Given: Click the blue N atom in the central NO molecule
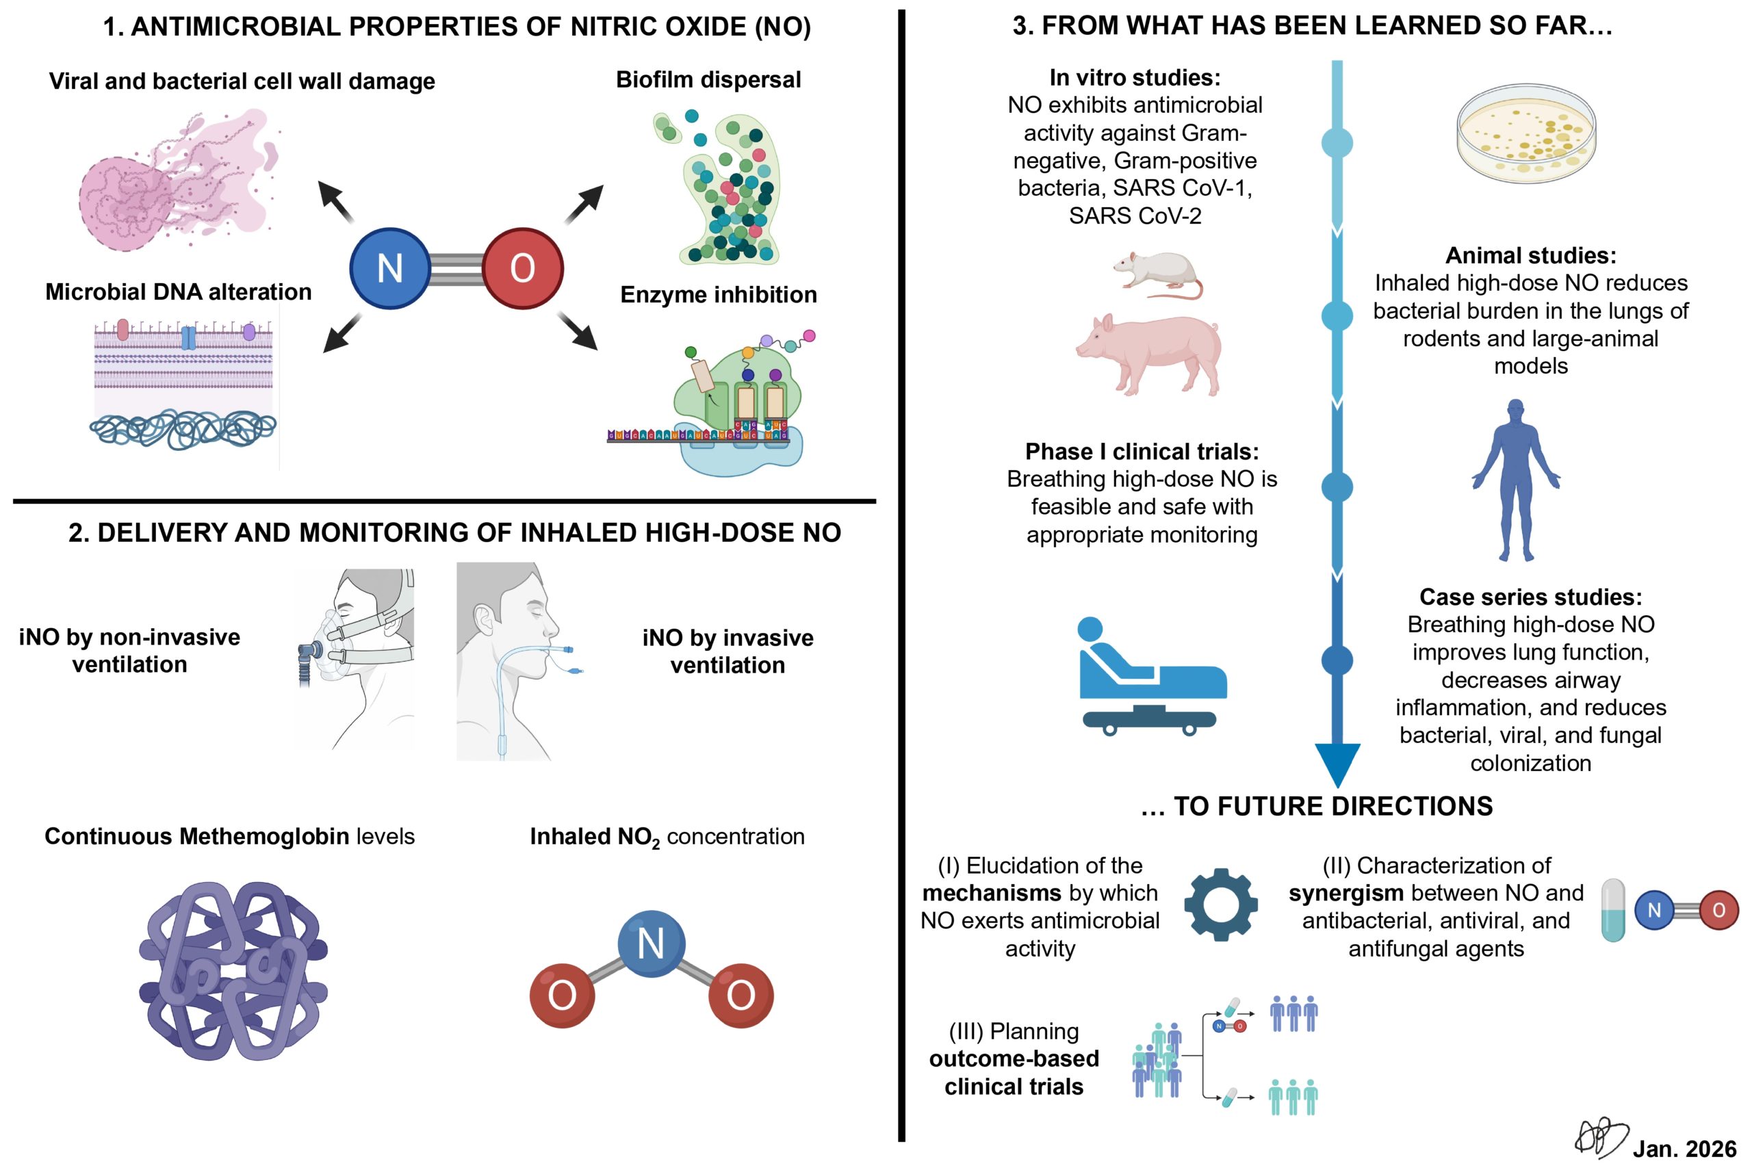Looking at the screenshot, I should click(x=389, y=268).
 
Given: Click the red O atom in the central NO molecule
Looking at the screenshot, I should click(x=522, y=268).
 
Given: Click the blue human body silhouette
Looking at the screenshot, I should click(x=1515, y=480).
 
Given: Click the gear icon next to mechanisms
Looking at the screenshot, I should click(x=1220, y=905).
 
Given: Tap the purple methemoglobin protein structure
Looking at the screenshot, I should click(x=233, y=971).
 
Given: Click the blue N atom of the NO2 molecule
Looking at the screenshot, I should click(x=651, y=943).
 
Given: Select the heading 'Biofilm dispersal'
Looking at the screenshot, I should click(x=708, y=79).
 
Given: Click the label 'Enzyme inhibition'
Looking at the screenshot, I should click(x=718, y=294).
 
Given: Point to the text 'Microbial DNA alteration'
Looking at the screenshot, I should click(x=178, y=291).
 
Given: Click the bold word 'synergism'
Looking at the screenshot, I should click(x=1345, y=892).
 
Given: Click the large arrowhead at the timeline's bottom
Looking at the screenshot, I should click(x=1337, y=764).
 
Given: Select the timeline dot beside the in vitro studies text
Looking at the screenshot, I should click(x=1337, y=143).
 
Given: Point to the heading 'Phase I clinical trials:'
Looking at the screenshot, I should click(x=1141, y=452).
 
